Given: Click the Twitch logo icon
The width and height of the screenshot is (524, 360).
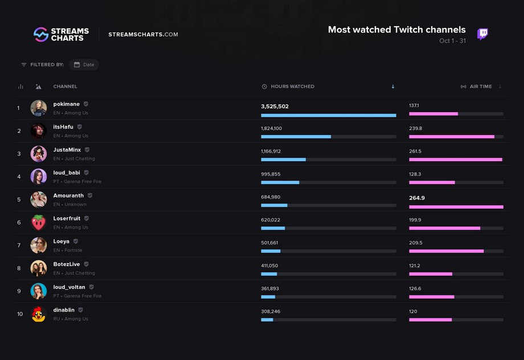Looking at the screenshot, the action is (x=482, y=34).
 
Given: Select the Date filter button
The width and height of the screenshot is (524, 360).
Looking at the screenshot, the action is (x=84, y=64).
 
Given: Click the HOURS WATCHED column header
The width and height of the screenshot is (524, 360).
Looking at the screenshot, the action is (x=292, y=87).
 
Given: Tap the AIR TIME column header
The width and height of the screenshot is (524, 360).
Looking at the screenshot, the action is (x=481, y=87).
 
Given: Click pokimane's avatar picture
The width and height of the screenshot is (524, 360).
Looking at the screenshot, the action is (x=38, y=108).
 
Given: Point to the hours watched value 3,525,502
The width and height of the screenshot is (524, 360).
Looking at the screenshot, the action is (x=275, y=107).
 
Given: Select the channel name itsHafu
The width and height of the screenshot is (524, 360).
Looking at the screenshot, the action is (x=63, y=126).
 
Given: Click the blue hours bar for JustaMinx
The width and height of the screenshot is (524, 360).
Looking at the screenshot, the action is (x=284, y=159).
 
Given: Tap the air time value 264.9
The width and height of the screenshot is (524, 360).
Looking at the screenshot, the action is (x=417, y=198).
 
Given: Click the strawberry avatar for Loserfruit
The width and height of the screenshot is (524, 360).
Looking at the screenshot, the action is (x=38, y=222).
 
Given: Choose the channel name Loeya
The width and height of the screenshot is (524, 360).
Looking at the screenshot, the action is (x=61, y=242).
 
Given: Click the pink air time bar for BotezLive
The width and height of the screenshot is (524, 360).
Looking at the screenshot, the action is (x=431, y=274).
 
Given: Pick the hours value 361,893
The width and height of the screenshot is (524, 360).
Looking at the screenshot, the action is (x=269, y=288).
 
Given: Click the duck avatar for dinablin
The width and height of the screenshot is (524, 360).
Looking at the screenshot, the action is (x=38, y=314).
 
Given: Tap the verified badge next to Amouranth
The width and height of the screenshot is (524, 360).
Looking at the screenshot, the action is (x=90, y=195).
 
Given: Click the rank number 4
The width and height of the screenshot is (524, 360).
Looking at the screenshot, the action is (x=19, y=177).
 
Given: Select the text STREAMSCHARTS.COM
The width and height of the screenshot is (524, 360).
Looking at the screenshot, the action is (x=143, y=34).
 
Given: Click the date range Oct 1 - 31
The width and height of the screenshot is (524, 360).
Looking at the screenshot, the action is (x=452, y=41).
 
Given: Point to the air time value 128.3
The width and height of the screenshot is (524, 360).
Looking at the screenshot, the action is (x=415, y=174).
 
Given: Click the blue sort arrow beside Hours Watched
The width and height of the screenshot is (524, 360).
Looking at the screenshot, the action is (x=393, y=87).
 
